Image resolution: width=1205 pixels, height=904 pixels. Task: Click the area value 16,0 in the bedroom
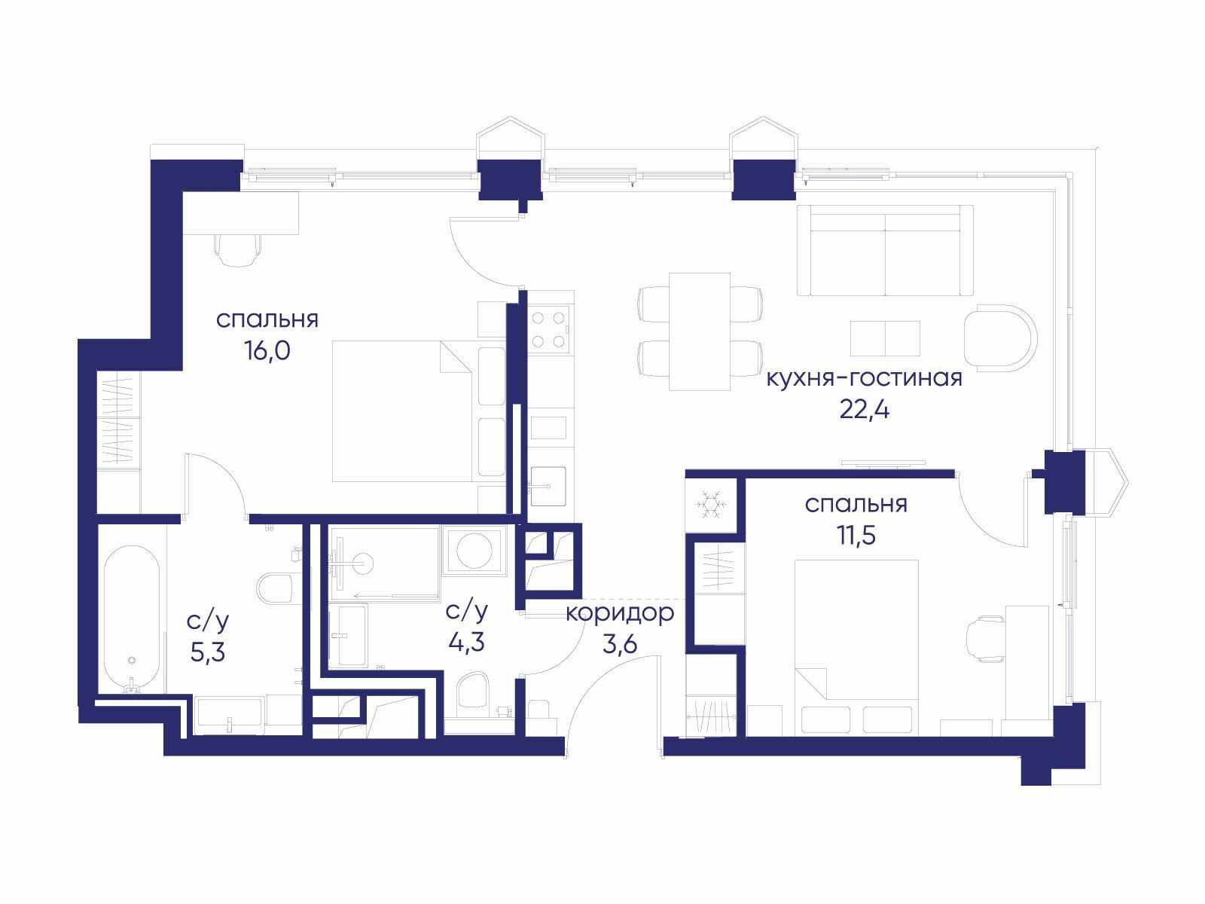[267, 350]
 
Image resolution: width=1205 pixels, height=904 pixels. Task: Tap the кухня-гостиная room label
[864, 378]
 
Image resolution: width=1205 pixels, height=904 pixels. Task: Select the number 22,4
[864, 409]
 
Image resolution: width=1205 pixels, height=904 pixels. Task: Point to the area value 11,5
[856, 535]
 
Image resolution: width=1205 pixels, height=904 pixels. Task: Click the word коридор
[620, 614]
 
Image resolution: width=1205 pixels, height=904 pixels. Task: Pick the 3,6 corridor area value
[620, 644]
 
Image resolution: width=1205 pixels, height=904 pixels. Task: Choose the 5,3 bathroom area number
[208, 652]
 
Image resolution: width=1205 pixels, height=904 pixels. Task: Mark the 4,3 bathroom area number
[467, 642]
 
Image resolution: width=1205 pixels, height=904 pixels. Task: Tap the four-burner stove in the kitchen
[549, 330]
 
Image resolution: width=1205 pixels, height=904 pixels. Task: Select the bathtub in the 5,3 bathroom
[132, 618]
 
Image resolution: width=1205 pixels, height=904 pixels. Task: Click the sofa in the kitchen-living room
[884, 251]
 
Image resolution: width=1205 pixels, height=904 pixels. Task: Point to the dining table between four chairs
[700, 331]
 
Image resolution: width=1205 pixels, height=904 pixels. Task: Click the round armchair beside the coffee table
[1000, 338]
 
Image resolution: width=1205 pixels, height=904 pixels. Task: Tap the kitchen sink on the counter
[548, 487]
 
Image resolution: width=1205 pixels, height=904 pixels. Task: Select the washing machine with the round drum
[474, 551]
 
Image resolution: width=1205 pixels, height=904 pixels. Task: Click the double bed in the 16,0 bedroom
[402, 411]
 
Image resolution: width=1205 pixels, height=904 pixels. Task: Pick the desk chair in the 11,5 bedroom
[985, 638]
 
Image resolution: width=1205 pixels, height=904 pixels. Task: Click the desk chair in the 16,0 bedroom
[238, 250]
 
